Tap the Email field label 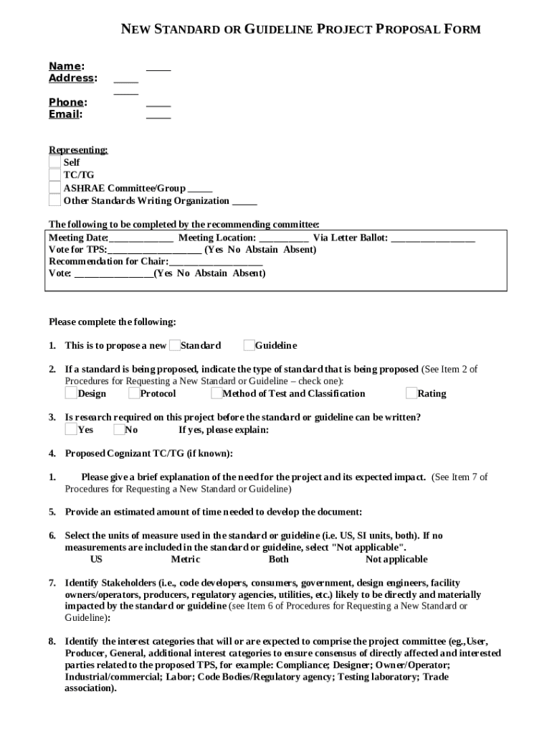tap(65, 114)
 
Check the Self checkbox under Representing tap(55, 162)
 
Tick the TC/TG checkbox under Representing tap(55, 174)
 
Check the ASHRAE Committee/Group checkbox tap(55, 188)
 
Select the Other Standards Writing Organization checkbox tap(55, 200)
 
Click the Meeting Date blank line tap(141, 238)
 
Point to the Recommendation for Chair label tap(108, 261)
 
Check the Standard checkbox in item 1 tap(175, 345)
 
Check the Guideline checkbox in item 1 tap(249, 345)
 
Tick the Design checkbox tap(71, 393)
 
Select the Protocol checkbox tap(135, 393)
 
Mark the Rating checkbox tap(411, 393)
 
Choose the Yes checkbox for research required tap(71, 429)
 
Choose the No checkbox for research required tap(119, 429)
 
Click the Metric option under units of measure tap(185, 559)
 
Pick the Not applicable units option tap(396, 559)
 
